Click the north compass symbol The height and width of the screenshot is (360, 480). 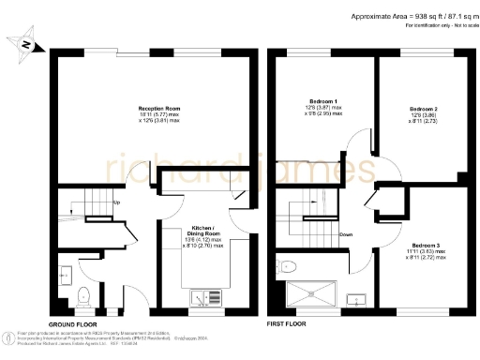[25, 44]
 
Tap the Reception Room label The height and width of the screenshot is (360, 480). [151, 114]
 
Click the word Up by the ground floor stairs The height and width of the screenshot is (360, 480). [116, 202]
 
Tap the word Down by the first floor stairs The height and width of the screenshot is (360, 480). [346, 234]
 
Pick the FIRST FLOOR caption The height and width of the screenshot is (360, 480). [288, 322]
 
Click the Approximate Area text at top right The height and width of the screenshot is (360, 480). [412, 16]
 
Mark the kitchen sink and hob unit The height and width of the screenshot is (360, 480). [208, 298]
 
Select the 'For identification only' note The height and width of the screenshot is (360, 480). [441, 27]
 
